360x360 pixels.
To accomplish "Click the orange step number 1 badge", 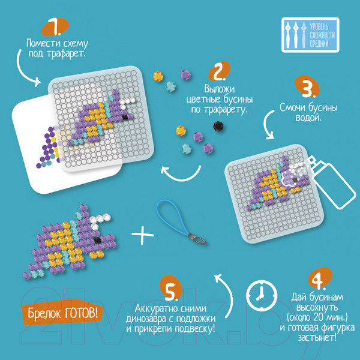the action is pyautogui.click(x=55, y=26).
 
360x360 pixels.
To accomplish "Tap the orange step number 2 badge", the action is pyautogui.click(x=219, y=71).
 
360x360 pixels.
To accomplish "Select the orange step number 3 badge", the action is pyautogui.click(x=307, y=86).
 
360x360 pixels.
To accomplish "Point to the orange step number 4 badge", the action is pyautogui.click(x=320, y=278).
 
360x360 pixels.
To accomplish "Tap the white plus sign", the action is pyautogui.click(x=143, y=235).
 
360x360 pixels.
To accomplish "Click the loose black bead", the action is pyautogui.click(x=218, y=126).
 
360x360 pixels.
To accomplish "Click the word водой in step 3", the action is pyautogui.click(x=308, y=118).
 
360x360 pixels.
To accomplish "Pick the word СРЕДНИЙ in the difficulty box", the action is pyautogui.click(x=319, y=44).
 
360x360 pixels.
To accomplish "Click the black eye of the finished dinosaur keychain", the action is pyautogui.click(x=97, y=241).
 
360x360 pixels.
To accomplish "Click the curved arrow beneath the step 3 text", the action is pyautogui.click(x=268, y=125).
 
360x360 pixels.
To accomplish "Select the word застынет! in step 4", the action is pyautogui.click(x=317, y=337).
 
